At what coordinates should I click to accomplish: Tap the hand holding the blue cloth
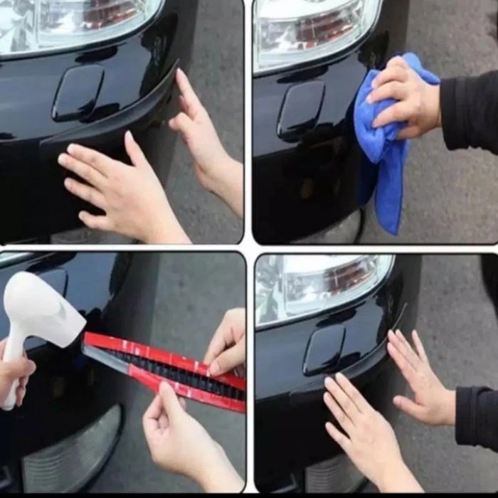pyautogui.click(x=406, y=96)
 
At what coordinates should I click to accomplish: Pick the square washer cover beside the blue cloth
pyautogui.click(x=300, y=110)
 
